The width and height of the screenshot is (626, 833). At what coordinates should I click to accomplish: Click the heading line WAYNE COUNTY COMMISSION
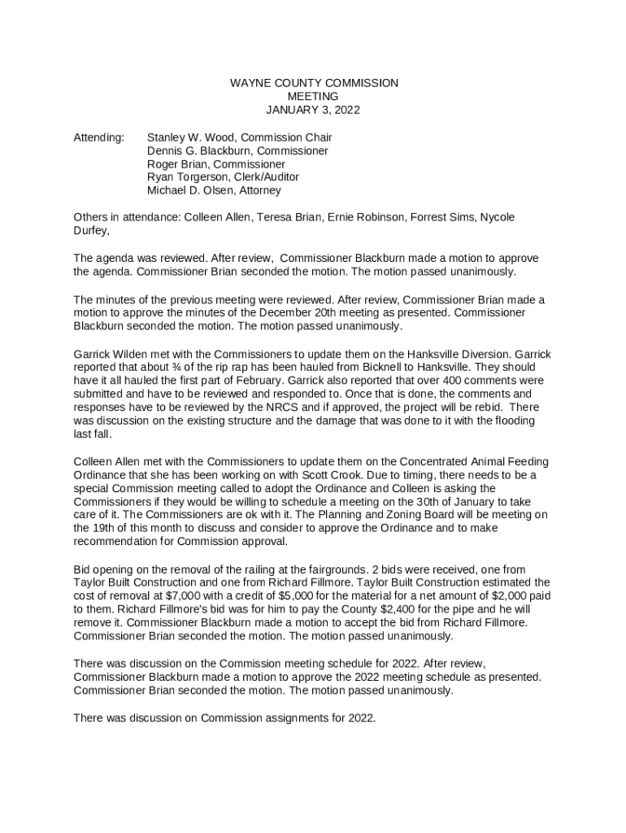(313, 83)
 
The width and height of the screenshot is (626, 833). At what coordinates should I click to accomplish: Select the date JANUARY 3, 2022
(313, 109)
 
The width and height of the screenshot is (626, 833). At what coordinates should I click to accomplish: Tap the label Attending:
(98, 137)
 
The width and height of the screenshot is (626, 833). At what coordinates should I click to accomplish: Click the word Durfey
(90, 230)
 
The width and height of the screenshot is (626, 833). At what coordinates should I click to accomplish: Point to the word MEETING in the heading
(313, 96)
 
